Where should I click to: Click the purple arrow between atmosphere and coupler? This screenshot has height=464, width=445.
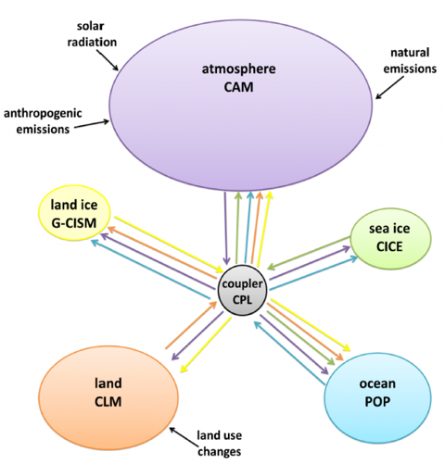pos(226,232)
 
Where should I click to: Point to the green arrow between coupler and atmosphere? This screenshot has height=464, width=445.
pos(237,232)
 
